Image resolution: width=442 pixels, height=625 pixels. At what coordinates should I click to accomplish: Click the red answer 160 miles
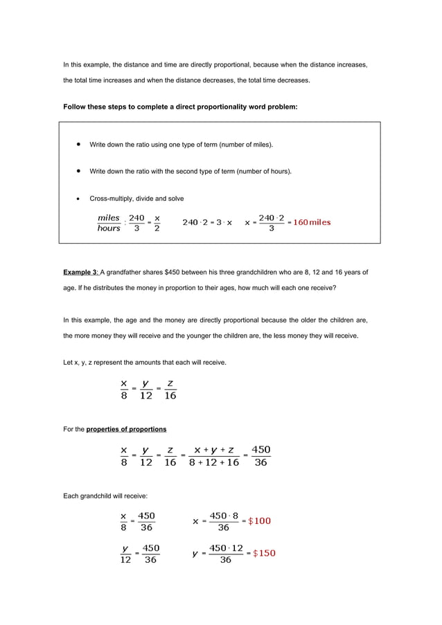click(312, 222)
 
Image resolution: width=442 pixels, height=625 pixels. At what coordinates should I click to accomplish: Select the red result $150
click(264, 553)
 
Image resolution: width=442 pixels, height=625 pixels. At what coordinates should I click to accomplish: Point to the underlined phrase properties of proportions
click(126, 429)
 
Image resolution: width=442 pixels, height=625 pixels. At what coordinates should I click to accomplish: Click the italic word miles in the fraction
click(109, 217)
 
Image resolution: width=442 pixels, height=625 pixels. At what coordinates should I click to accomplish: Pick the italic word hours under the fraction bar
click(109, 228)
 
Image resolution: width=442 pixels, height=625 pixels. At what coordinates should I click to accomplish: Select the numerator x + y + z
click(213, 450)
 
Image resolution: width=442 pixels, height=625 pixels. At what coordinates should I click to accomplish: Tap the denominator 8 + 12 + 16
click(213, 463)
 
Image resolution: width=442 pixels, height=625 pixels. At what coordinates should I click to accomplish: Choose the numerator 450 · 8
click(224, 516)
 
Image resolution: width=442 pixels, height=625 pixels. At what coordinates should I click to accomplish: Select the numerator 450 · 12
click(226, 548)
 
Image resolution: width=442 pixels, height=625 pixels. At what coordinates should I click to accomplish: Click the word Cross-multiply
click(112, 199)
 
